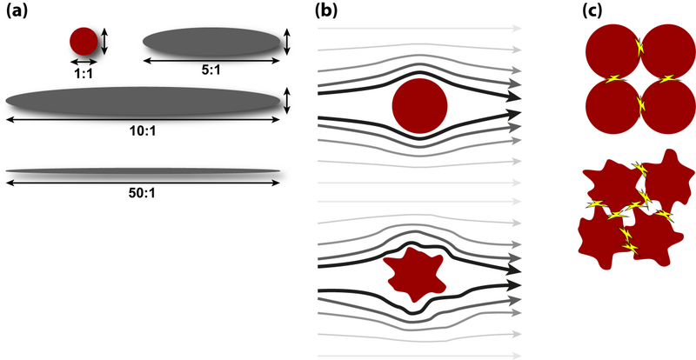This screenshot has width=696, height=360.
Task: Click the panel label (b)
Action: pyautogui.click(x=325, y=11)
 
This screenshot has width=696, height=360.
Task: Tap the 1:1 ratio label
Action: pyautogui.click(x=84, y=75)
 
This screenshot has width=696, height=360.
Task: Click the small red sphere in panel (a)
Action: pyautogui.click(x=84, y=41)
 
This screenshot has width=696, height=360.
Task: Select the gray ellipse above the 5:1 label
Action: pyautogui.click(x=212, y=40)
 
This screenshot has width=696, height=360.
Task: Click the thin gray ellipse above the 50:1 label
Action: pyautogui.click(x=144, y=170)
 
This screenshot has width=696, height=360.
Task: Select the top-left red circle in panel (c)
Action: pyautogui.click(x=612, y=51)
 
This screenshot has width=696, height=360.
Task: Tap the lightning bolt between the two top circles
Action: pyautogui.click(x=640, y=51)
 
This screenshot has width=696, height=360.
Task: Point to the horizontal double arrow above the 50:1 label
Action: pyautogui.click(x=144, y=182)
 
